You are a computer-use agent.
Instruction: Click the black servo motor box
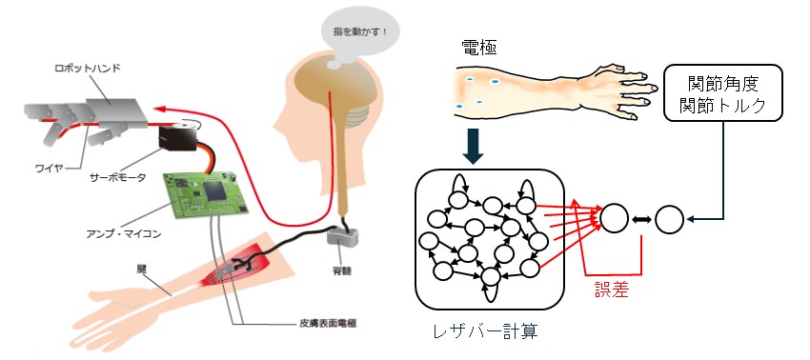(x=177, y=137)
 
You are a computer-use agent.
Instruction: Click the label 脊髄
(x=344, y=270)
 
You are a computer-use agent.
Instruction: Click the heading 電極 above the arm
(x=479, y=49)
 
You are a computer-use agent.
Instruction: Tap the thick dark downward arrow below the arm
(x=474, y=146)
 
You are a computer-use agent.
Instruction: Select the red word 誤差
(x=612, y=290)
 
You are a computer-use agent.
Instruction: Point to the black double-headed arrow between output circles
(x=642, y=219)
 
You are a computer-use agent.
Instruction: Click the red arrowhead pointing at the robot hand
(x=162, y=109)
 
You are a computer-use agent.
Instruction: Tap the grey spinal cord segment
(x=342, y=238)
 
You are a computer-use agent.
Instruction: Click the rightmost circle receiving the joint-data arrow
(x=670, y=219)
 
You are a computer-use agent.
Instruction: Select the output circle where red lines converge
(x=615, y=217)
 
